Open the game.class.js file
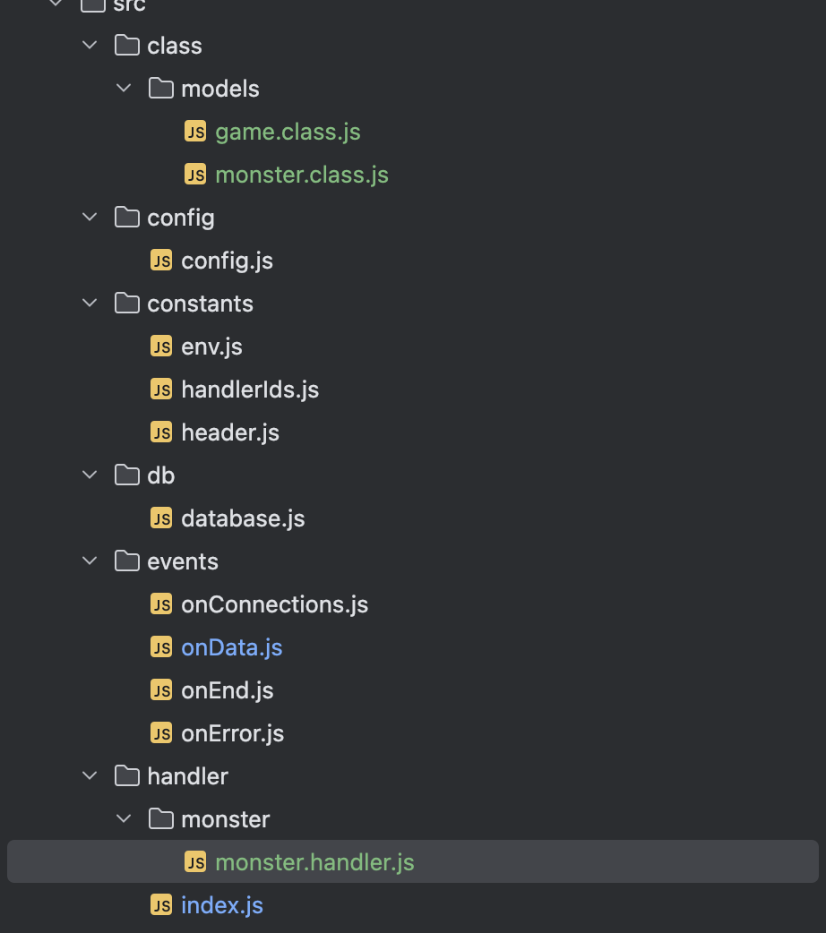288,132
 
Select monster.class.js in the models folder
301,175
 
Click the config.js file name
227,261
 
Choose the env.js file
211,347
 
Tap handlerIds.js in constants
249,389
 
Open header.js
229,432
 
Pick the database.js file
243,518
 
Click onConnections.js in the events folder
274,604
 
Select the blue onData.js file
231,647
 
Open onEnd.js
227,690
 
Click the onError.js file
232,733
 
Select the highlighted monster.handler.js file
314,862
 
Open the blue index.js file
221,905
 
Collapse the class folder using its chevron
90,46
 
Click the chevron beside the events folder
90,561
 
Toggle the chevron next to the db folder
90,475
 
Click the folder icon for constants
128,304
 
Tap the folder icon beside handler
128,776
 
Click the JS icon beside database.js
161,518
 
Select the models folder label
219,89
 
